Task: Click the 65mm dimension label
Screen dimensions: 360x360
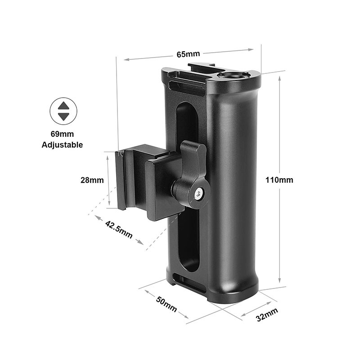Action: (x=188, y=54)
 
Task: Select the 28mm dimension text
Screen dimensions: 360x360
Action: (x=92, y=180)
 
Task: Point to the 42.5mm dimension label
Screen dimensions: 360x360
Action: (x=119, y=229)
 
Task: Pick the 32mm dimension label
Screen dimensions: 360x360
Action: (x=267, y=315)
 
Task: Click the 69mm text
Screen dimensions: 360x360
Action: (x=62, y=134)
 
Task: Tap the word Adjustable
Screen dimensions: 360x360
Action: (x=62, y=145)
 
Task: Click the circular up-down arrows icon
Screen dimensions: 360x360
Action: (x=63, y=111)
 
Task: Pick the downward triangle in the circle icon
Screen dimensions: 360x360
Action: (x=63, y=116)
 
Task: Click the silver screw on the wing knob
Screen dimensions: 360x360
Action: (x=198, y=194)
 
